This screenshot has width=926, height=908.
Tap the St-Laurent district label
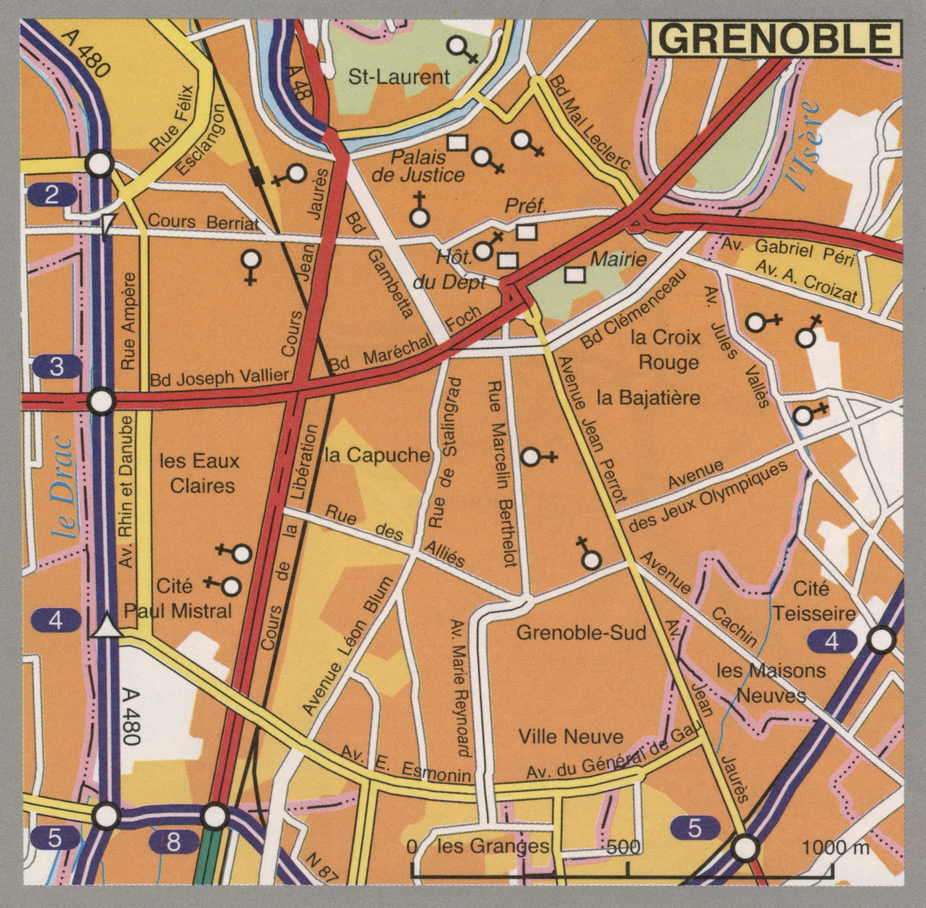[399, 77]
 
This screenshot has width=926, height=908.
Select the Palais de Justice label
[418, 166]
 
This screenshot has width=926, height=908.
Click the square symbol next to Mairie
[576, 274]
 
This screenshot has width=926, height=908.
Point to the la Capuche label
[377, 455]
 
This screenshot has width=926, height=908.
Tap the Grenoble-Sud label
[581, 633]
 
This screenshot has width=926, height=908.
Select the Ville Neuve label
[570, 737]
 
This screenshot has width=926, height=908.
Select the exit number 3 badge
[56, 367]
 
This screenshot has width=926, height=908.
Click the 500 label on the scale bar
[624, 848]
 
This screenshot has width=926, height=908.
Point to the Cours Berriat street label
[203, 222]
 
